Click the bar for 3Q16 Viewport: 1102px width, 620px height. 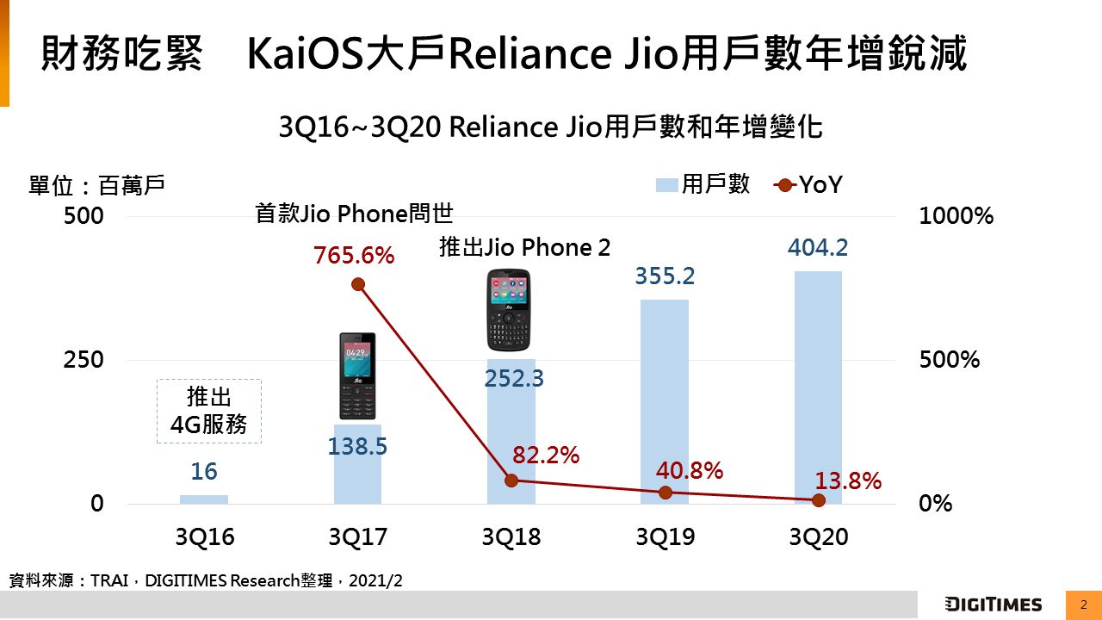point(204,499)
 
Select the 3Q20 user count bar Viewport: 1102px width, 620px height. point(818,387)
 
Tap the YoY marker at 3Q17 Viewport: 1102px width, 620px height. point(358,285)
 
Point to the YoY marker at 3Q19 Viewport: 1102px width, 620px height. point(665,493)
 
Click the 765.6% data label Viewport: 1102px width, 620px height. point(354,256)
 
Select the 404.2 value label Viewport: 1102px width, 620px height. point(818,248)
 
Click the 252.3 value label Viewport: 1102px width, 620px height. point(514,378)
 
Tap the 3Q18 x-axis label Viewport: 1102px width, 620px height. point(511,537)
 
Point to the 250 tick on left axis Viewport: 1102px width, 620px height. point(84,360)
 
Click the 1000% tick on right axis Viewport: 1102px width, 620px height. point(956,216)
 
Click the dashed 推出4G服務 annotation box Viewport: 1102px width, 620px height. point(209,412)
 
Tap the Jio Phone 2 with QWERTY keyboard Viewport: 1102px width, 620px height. point(509,311)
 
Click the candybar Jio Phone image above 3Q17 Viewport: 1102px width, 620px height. point(357,376)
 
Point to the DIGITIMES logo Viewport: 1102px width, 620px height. point(993,604)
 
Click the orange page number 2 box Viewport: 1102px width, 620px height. point(1084,604)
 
